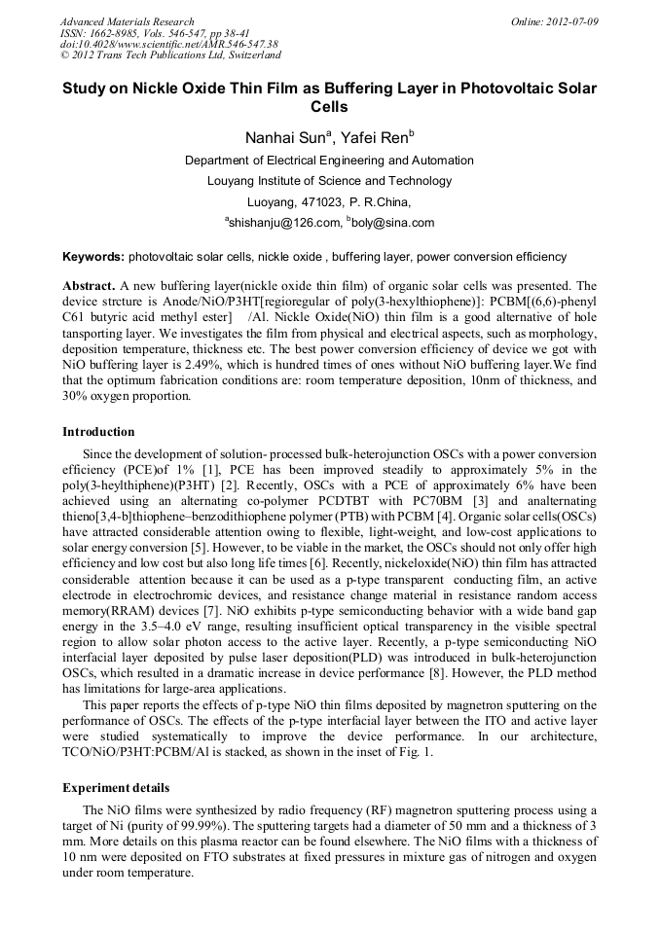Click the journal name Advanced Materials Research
click(127, 21)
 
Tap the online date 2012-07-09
click(573, 21)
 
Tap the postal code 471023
click(312, 202)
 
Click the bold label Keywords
click(92, 258)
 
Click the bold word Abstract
click(90, 287)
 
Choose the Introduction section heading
click(98, 432)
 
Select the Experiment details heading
click(116, 788)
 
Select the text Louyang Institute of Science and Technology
click(329, 181)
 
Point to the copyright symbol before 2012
click(64, 55)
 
